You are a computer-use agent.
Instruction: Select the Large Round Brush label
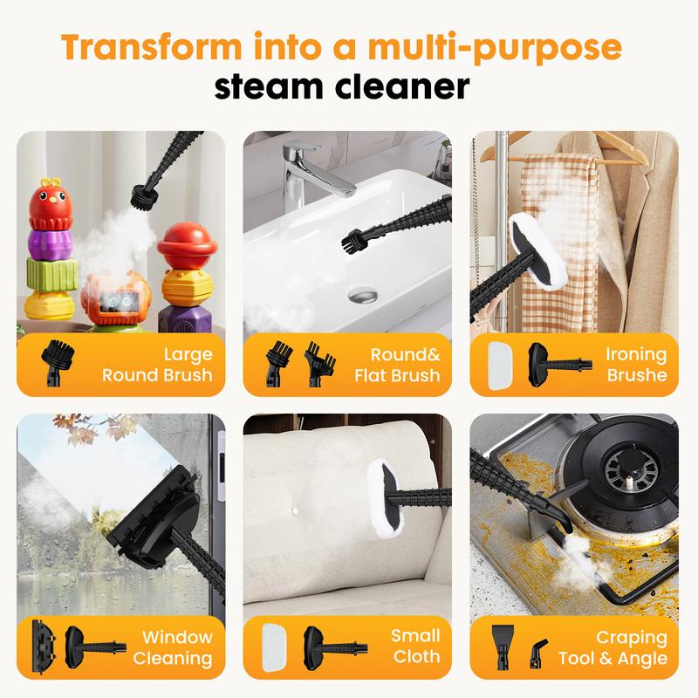(156, 366)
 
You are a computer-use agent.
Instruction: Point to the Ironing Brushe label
(636, 366)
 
